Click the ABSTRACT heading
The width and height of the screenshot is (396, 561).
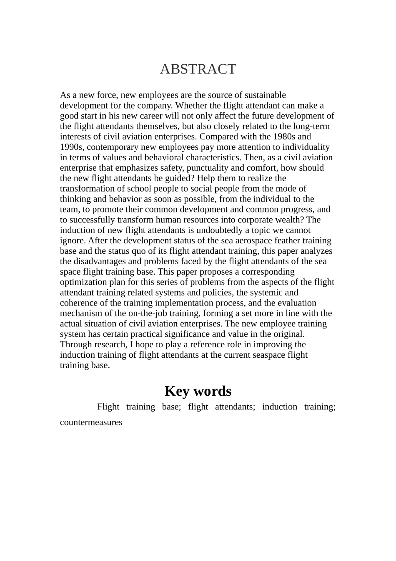pos(198,69)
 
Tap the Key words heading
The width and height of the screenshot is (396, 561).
pos(198,391)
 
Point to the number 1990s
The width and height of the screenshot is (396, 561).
pos(72,147)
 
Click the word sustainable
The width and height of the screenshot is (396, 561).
pos(265,95)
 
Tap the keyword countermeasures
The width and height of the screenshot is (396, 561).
pos(91,422)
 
